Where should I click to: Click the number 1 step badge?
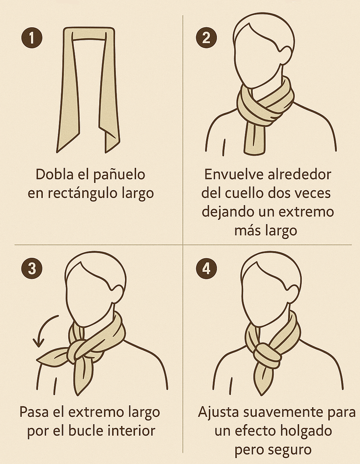pyautogui.click(x=32, y=38)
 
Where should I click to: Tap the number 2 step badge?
pyautogui.click(x=207, y=38)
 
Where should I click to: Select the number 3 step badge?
pyautogui.click(x=32, y=268)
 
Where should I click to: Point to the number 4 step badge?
pyautogui.click(x=207, y=268)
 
